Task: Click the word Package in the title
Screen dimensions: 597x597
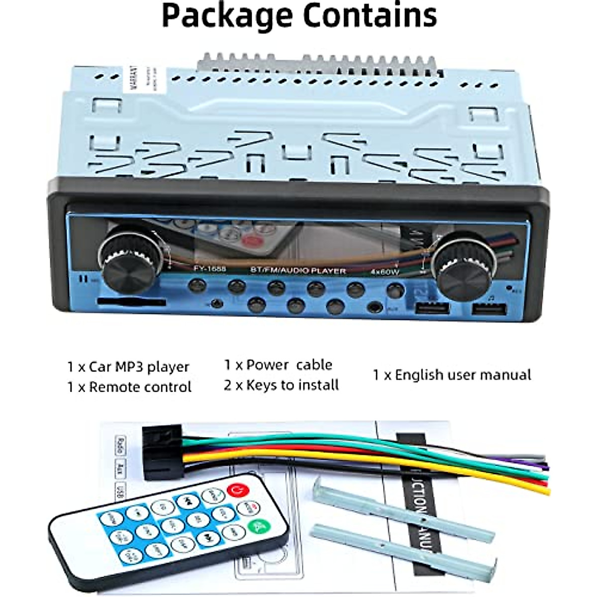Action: (x=227, y=16)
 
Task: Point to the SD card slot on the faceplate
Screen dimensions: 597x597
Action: (x=132, y=302)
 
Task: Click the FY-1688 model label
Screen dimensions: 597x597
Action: (x=209, y=269)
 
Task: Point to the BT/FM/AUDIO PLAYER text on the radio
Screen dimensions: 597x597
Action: (x=298, y=271)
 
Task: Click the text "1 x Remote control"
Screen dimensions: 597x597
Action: (x=129, y=387)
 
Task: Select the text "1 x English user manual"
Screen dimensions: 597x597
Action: (x=452, y=375)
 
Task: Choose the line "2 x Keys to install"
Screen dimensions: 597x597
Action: (x=281, y=385)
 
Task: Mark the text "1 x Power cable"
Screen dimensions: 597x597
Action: (x=278, y=365)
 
